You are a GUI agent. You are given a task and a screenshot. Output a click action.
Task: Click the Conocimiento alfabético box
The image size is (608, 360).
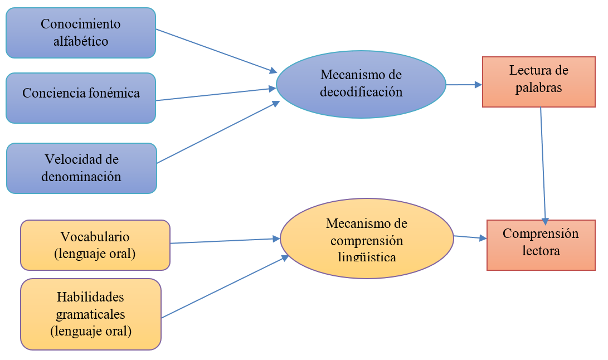pyautogui.click(x=81, y=33)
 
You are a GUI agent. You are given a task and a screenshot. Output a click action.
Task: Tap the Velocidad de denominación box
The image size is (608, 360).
pyautogui.click(x=81, y=168)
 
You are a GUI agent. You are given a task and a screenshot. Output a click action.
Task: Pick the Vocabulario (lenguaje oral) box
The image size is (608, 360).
pyautogui.click(x=95, y=245)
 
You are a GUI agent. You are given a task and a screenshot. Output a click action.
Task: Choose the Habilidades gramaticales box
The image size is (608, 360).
pyautogui.click(x=91, y=314)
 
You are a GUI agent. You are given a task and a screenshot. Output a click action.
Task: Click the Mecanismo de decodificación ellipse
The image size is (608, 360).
pyautogui.click(x=361, y=84)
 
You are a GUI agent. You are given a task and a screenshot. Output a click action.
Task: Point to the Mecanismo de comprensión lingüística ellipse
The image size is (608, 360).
pyautogui.click(x=367, y=239)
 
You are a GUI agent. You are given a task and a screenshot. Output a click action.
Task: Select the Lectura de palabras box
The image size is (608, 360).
pyautogui.click(x=538, y=81)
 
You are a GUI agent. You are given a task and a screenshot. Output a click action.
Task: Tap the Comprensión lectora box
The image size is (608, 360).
pyautogui.click(x=541, y=245)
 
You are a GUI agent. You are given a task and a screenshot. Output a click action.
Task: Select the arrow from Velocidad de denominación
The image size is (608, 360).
pyautogui.click(x=218, y=132)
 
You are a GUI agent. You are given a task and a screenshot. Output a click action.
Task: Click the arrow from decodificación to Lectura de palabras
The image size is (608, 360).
pyautogui.click(x=464, y=85)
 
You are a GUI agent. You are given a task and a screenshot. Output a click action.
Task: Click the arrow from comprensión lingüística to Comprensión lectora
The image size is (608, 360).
pyautogui.click(x=470, y=237)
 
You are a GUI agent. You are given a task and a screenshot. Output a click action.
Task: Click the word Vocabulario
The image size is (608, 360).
pyautogui.click(x=95, y=236)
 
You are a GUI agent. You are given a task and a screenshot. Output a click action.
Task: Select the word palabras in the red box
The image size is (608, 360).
pyautogui.click(x=538, y=87)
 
